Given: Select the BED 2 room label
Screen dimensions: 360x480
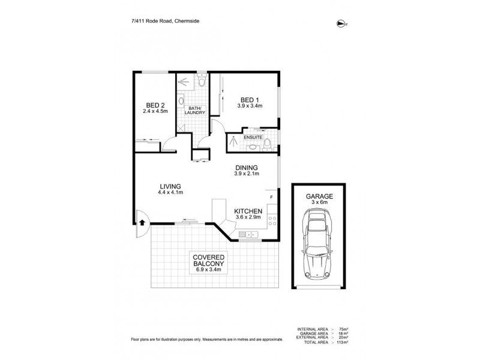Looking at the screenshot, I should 155,104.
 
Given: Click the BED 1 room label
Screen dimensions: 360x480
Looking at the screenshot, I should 250,100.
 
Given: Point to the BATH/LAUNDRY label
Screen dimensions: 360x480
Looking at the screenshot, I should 196,110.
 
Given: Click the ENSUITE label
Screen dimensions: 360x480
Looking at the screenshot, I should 253,137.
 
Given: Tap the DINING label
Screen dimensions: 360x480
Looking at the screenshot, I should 246,168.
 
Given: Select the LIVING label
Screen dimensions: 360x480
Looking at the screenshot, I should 170,186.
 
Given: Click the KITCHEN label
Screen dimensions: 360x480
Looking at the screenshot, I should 247,211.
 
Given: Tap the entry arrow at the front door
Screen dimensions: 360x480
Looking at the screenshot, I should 142,221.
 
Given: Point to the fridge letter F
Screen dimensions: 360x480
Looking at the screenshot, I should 272,197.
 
